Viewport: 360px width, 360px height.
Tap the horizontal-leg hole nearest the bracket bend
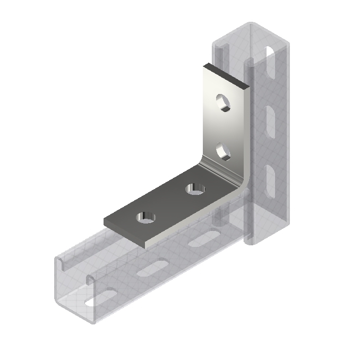[194, 188]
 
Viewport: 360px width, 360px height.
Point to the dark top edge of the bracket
[226, 74]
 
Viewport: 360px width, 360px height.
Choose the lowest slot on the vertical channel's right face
[269, 177]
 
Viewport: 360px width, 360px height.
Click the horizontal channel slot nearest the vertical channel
[202, 240]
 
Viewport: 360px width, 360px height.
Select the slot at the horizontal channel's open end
[101, 297]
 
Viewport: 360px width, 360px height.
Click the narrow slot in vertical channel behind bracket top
[219, 53]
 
